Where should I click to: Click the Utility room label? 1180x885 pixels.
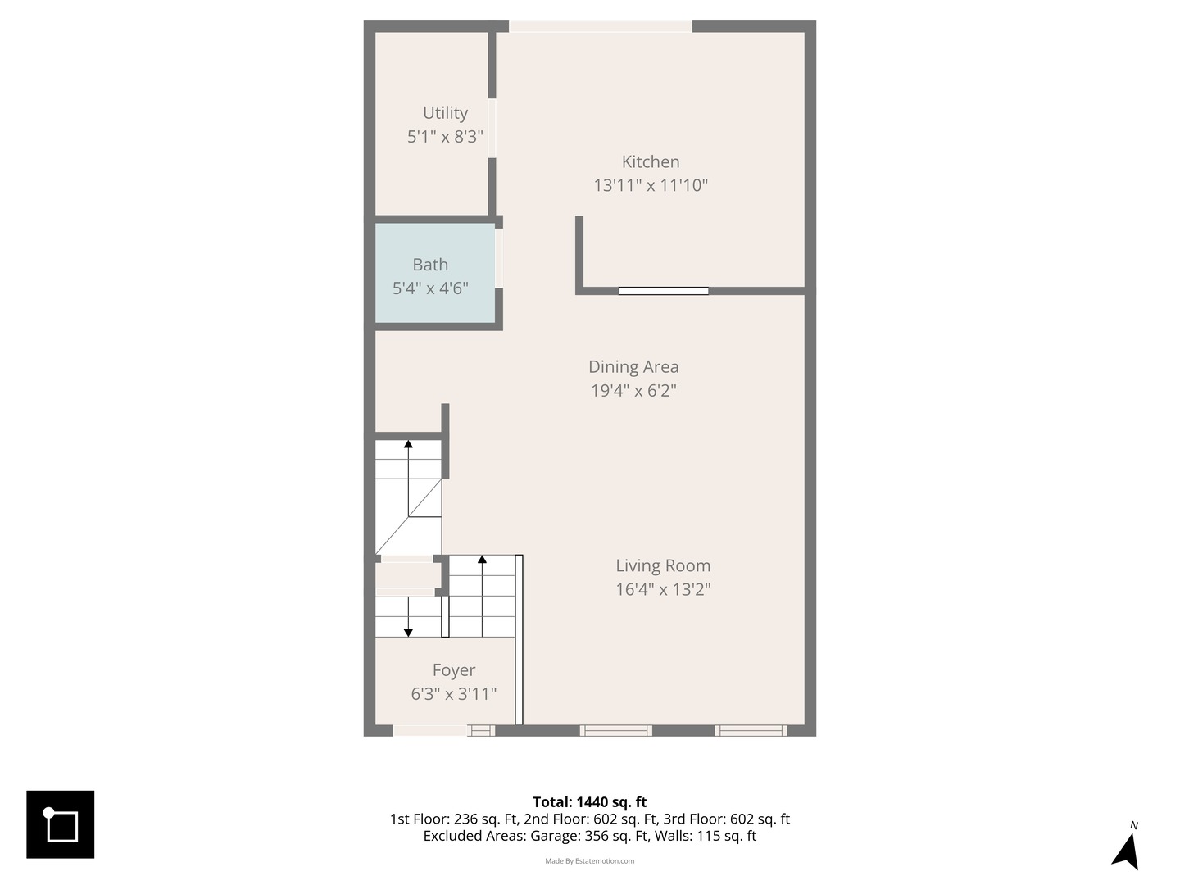(x=445, y=113)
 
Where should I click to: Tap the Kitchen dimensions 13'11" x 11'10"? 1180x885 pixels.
(x=651, y=185)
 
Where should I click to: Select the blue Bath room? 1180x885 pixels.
(x=435, y=273)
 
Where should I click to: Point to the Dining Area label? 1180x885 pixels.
(x=633, y=366)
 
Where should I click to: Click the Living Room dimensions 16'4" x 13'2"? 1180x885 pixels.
(x=663, y=589)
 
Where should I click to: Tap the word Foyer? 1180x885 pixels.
(x=454, y=670)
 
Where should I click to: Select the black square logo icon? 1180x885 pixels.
(x=60, y=824)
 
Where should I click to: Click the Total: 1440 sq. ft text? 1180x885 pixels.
(x=590, y=801)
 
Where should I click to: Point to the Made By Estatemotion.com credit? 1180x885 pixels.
(x=590, y=860)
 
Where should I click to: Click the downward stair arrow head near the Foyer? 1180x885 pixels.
(x=408, y=633)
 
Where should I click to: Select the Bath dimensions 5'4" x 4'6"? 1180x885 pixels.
(x=430, y=288)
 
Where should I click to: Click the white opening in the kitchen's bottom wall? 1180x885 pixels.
(x=664, y=291)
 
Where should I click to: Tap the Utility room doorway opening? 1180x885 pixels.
(x=492, y=129)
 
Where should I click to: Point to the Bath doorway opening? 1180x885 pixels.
(x=499, y=258)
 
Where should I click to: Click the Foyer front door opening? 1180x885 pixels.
(x=429, y=731)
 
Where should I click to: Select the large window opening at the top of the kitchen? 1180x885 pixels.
(x=601, y=26)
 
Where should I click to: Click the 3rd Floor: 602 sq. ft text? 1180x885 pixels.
(x=726, y=819)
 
